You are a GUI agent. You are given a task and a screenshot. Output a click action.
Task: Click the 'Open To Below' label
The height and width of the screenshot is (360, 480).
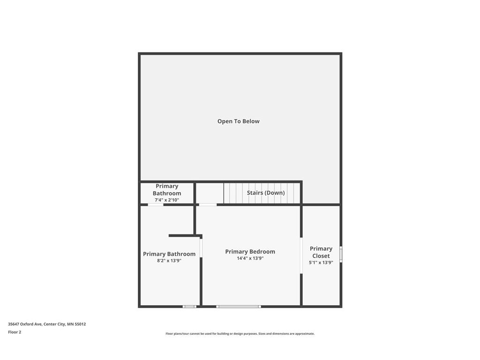click(x=238, y=121)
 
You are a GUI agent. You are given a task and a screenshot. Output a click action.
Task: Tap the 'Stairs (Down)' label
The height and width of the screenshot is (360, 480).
click(x=266, y=193)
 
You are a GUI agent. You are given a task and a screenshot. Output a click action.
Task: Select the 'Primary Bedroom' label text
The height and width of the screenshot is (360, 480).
click(x=250, y=252)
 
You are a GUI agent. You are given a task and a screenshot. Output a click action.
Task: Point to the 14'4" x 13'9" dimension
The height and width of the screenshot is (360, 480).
click(x=250, y=258)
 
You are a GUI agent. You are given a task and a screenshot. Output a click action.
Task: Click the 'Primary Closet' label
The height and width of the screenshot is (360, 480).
click(x=321, y=252)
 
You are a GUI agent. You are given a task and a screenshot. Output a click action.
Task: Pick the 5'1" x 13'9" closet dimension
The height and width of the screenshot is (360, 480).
click(x=321, y=262)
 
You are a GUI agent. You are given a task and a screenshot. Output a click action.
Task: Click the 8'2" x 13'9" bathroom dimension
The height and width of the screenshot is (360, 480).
click(x=169, y=261)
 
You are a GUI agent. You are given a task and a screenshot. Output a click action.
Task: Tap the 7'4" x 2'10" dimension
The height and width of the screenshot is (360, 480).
click(x=167, y=200)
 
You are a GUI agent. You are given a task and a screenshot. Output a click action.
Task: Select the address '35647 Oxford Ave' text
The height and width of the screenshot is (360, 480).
click(x=25, y=324)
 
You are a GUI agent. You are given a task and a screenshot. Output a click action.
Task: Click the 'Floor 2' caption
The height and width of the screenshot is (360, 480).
click(x=15, y=332)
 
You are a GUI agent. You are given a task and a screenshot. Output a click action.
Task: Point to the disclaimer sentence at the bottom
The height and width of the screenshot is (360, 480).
click(x=240, y=334)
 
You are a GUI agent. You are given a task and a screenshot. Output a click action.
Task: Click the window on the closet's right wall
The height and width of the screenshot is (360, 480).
click(x=341, y=254)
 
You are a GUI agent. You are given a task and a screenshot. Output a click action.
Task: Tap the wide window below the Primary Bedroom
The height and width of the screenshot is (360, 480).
click(x=238, y=307)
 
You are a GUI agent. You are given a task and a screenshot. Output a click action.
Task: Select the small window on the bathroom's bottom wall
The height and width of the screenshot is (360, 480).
click(x=189, y=307)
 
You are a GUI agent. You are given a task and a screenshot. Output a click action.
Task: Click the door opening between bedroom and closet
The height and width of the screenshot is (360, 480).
click(x=300, y=255)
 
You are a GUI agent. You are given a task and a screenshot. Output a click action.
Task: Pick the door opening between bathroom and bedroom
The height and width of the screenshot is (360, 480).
click(x=201, y=248)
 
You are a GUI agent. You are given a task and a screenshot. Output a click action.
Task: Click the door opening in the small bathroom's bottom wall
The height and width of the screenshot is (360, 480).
click(x=156, y=204)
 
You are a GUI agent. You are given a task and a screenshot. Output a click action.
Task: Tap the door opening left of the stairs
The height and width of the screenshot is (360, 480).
click(x=208, y=204)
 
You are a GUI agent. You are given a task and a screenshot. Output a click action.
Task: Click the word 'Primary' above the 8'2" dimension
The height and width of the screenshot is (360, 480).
click(x=155, y=254)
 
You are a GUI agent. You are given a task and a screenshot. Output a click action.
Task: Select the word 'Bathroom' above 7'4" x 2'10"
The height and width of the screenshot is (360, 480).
click(x=167, y=193)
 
